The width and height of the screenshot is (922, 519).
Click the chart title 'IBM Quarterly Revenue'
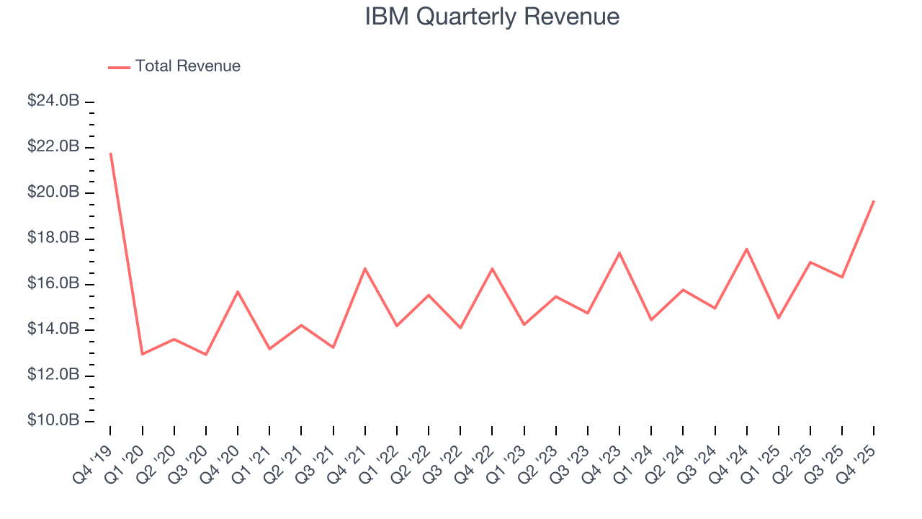[x=492, y=17]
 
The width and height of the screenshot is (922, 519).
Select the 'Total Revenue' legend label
[x=187, y=66]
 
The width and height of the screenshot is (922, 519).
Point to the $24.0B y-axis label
[x=53, y=102]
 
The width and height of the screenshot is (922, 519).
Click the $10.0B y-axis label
[x=53, y=421]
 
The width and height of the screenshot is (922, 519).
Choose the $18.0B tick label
[x=53, y=239]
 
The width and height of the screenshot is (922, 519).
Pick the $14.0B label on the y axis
[x=53, y=329]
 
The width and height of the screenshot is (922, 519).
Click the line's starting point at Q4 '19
[x=110, y=153]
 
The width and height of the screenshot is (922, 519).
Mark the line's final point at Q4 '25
[x=874, y=200]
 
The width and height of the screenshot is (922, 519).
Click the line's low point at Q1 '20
[x=143, y=354]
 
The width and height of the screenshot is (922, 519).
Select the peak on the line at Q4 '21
[x=365, y=268]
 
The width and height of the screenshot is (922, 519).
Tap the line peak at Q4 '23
[x=619, y=252]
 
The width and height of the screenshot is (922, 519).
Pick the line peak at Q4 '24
[x=747, y=249]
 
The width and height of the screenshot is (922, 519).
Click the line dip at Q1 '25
[x=779, y=318]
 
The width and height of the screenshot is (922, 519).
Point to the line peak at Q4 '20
[x=238, y=291]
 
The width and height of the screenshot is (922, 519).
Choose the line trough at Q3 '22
[x=460, y=328]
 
